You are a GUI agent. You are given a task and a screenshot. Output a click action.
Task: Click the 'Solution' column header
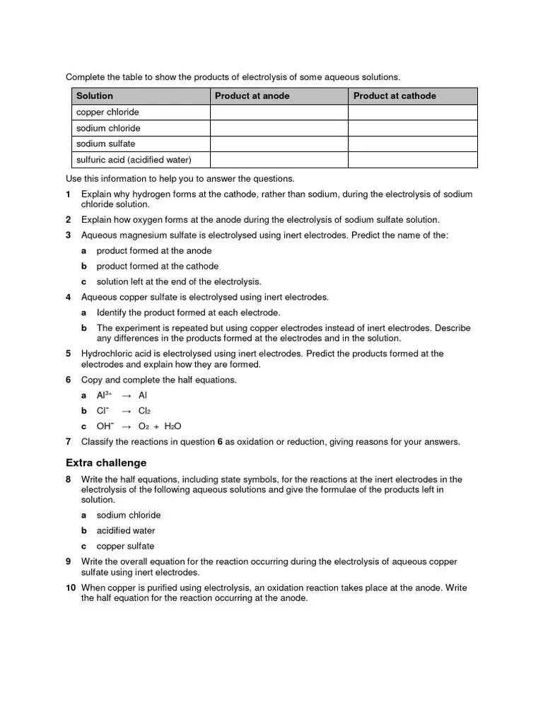[x=95, y=96]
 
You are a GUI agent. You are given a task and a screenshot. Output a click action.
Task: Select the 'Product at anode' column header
[x=252, y=96]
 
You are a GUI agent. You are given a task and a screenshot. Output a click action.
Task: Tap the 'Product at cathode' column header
[x=395, y=96]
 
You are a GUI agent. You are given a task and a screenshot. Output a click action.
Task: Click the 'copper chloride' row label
[x=107, y=112]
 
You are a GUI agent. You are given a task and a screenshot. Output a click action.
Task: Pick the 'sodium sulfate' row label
[x=105, y=144]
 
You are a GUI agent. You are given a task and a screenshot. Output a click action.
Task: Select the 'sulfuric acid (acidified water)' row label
[x=134, y=160]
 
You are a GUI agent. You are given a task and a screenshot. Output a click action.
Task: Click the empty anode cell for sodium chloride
[x=279, y=128]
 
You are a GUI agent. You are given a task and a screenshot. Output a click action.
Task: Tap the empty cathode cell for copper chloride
[x=412, y=112]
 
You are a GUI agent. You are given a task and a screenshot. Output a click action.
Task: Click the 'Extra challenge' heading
[x=106, y=463]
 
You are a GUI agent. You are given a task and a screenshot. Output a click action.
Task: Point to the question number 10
[x=71, y=588]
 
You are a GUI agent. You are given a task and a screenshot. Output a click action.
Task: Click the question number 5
[x=69, y=354]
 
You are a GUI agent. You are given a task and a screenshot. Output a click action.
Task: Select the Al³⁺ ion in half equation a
[x=104, y=395]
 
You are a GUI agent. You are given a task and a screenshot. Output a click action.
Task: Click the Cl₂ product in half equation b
[x=145, y=411]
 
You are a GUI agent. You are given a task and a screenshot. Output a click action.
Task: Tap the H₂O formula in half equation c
[x=173, y=426]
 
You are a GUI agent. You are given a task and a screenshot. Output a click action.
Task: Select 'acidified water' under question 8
[x=126, y=530]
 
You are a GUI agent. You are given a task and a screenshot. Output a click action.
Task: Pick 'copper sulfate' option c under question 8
[x=125, y=546]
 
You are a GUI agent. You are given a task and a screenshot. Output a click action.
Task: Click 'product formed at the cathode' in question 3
[x=158, y=266]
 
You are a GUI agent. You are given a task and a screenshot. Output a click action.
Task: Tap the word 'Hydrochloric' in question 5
[x=107, y=354]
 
